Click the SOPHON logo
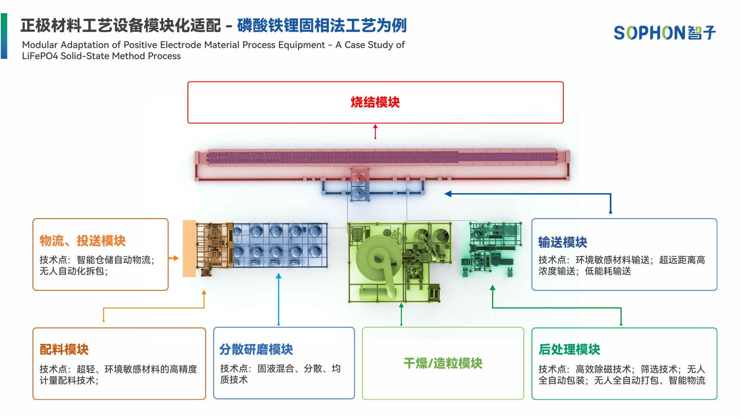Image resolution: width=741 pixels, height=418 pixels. click(x=664, y=33)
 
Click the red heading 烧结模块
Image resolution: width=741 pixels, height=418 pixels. click(x=375, y=103)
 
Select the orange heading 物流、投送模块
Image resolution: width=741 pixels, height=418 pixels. click(x=82, y=241)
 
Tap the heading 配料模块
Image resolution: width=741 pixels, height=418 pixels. click(x=64, y=349)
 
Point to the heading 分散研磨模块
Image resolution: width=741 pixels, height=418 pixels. click(x=256, y=349)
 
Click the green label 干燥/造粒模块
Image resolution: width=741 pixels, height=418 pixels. click(x=443, y=364)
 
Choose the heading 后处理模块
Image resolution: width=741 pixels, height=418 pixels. click(x=569, y=349)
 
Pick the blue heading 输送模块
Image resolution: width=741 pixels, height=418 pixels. click(x=563, y=242)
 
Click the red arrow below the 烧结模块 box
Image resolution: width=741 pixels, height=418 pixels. click(x=375, y=131)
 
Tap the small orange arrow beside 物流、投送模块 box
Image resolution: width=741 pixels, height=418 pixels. click(x=174, y=258)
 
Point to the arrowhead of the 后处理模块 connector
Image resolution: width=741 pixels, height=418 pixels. click(x=492, y=288)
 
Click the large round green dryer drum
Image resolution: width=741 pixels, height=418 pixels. click(x=377, y=258)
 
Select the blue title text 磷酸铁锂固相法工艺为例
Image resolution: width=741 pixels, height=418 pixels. click(x=322, y=26)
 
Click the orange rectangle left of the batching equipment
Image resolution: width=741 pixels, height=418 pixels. click(x=189, y=248)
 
